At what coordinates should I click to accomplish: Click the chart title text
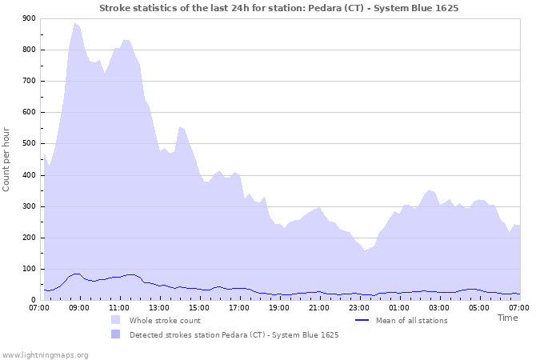[x=279, y=7]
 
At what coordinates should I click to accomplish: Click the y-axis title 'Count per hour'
[x=7, y=159]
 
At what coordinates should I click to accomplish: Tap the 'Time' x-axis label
[x=507, y=318]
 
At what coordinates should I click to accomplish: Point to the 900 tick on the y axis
[x=28, y=18]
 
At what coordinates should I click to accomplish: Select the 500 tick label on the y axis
[x=28, y=144]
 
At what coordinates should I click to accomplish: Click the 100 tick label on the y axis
[x=28, y=270]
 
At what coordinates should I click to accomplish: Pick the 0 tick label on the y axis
[x=33, y=301]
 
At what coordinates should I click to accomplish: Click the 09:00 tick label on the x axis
[x=79, y=307]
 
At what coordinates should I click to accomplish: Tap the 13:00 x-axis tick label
[x=159, y=307]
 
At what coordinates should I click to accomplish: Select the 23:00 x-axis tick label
[x=359, y=307]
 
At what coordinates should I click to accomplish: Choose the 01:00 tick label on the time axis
[x=399, y=307]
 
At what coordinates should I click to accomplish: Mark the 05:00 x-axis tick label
[x=479, y=307]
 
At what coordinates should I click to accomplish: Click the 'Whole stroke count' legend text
[x=164, y=321]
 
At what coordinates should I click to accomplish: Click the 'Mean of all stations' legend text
[x=411, y=321]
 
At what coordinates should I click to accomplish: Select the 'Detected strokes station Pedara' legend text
[x=234, y=335]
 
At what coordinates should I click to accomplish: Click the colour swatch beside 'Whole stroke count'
[x=116, y=321]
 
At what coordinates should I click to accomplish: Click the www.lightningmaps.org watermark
[x=45, y=354]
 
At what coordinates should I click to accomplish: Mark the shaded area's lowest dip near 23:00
[x=365, y=250]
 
